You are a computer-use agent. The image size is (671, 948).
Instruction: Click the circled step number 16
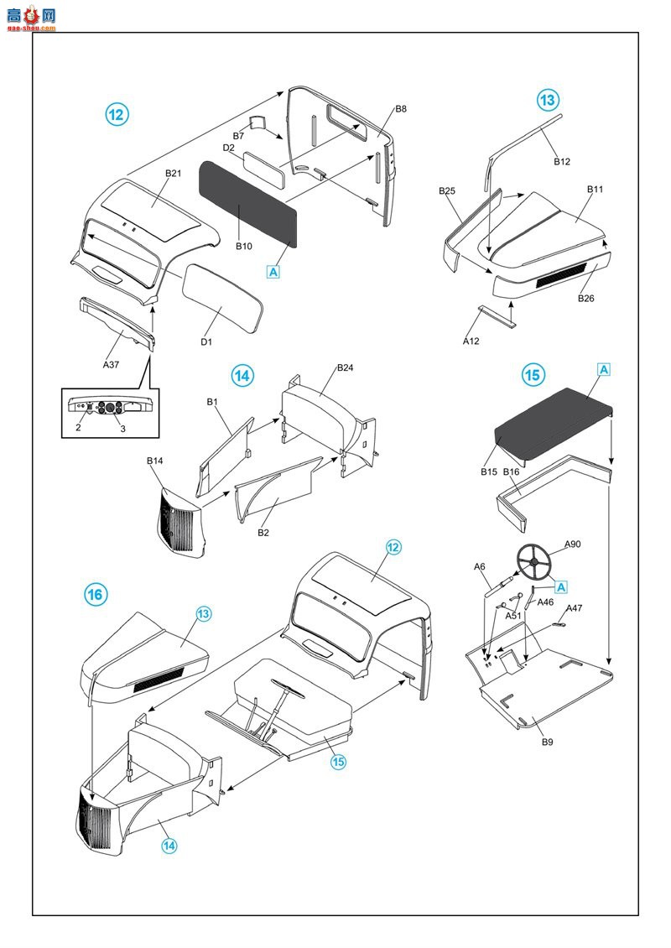[96, 595]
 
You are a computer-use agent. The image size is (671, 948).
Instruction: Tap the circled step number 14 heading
[242, 377]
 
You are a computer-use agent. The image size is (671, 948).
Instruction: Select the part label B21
[173, 174]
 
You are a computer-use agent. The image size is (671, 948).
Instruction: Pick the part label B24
[346, 368]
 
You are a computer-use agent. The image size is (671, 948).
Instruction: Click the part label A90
[573, 544]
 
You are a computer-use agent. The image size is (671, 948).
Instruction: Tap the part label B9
[547, 742]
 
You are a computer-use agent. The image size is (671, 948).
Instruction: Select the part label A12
[471, 341]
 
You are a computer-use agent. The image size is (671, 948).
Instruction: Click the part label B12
[562, 162]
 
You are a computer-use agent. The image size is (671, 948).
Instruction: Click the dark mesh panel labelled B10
[247, 201]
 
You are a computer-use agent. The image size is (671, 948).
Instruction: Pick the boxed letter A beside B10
[273, 271]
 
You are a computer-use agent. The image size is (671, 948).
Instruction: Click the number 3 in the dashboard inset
[122, 429]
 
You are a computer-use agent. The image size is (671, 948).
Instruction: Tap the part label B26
[585, 298]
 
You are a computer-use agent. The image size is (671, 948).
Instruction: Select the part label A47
[575, 608]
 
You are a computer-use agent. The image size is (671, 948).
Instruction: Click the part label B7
[238, 136]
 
